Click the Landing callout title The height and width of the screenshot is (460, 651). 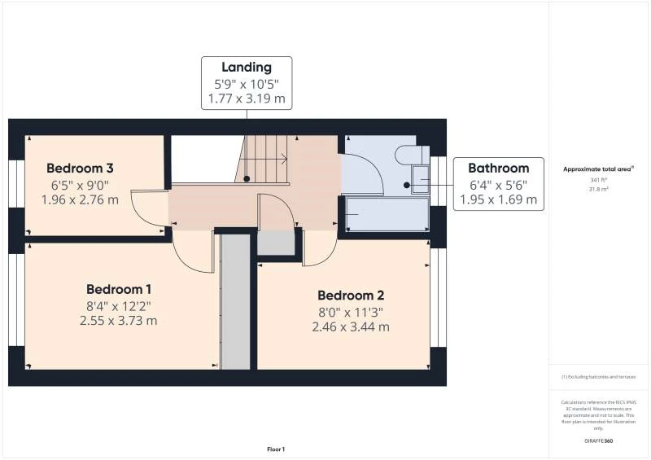[x=247, y=68]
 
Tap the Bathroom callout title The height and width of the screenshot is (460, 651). [x=498, y=168]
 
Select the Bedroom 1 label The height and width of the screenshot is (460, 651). [x=120, y=289]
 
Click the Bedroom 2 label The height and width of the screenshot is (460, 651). [x=350, y=296]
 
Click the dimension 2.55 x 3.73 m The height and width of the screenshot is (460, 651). [x=120, y=321]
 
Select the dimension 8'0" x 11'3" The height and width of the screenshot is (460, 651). [x=350, y=311]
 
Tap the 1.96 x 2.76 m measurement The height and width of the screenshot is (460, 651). [x=80, y=199]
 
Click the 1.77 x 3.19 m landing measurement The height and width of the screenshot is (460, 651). [x=247, y=99]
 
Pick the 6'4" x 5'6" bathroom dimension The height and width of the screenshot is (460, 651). [x=498, y=183]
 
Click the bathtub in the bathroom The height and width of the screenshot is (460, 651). [x=385, y=215]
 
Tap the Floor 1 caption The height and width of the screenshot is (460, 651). [x=276, y=449]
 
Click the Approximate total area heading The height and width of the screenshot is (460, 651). [x=598, y=169]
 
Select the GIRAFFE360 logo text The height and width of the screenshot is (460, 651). [x=598, y=441]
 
